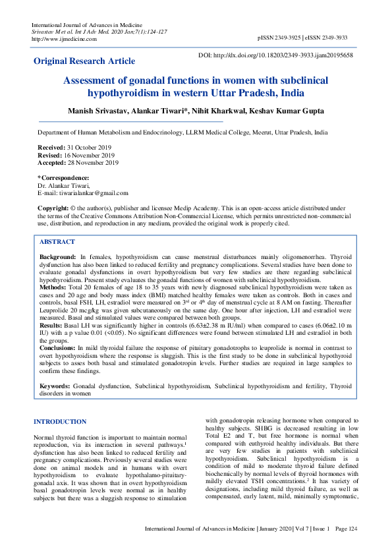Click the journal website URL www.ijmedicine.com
tap(64, 38)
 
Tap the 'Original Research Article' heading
tap(84, 61)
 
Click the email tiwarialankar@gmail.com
tap(92, 193)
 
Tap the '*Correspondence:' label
tap(63, 178)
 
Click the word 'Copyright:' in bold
tap(53, 208)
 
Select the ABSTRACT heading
tap(57, 242)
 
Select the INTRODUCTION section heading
tap(59, 421)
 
